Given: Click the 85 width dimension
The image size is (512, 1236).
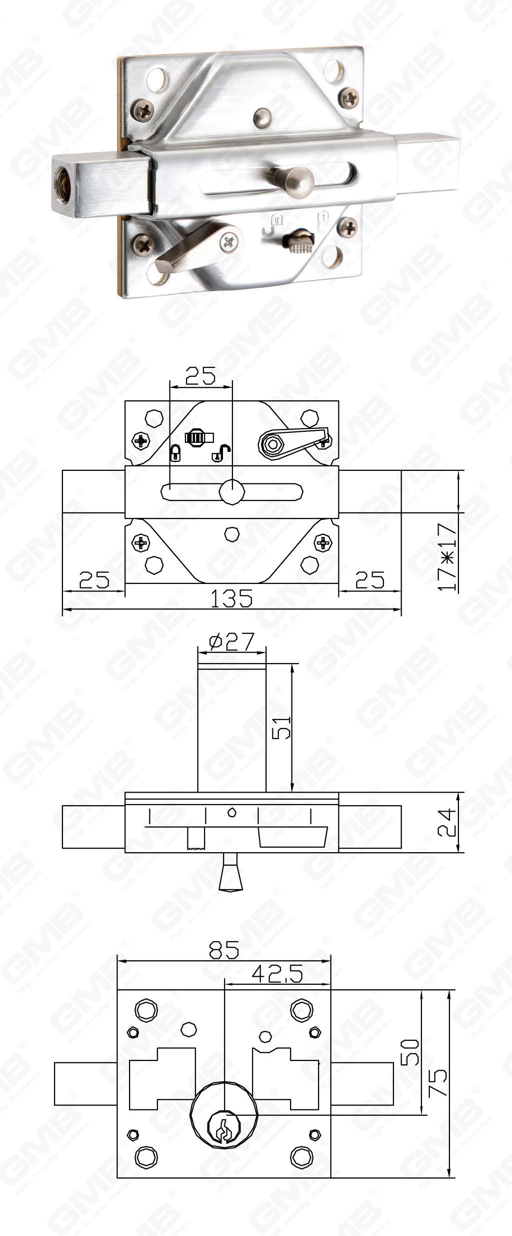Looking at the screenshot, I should coord(223,949).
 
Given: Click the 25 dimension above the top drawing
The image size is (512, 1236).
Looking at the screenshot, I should coord(200,375).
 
